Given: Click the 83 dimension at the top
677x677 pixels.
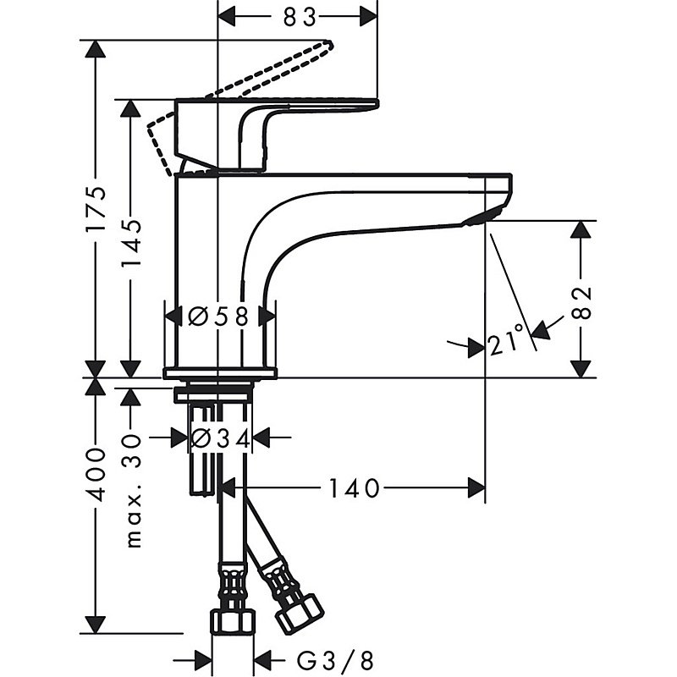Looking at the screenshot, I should point(297,15).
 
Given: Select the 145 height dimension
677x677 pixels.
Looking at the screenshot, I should point(131,239).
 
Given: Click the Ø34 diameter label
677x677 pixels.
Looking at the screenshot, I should point(219,438).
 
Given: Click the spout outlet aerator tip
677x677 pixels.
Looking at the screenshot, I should point(479,219).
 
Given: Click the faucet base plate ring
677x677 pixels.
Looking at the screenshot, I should point(220,372).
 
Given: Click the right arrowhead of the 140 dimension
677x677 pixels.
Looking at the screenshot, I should point(477,487).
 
